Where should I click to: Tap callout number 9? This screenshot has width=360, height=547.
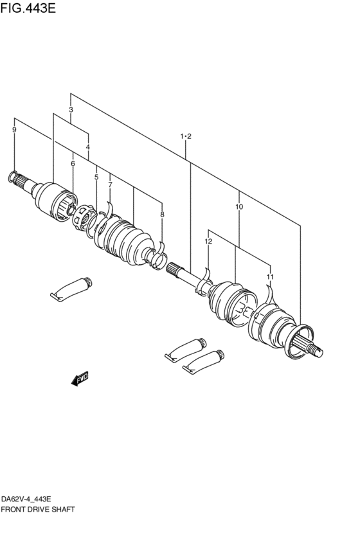(14, 130)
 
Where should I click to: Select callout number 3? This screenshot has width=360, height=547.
(71, 110)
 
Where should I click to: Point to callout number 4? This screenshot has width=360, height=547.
(87, 147)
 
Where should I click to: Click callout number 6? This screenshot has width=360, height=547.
(73, 164)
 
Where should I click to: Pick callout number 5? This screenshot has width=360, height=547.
(96, 177)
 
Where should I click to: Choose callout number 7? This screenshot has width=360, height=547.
(110, 185)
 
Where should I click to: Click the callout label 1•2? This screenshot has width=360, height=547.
(186, 136)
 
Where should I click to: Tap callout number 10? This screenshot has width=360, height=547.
(239, 207)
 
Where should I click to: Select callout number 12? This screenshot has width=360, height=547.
(208, 241)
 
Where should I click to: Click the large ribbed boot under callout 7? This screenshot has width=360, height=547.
(125, 243)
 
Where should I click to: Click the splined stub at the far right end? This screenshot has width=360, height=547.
(314, 348)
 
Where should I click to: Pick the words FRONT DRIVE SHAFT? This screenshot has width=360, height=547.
(38, 509)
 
